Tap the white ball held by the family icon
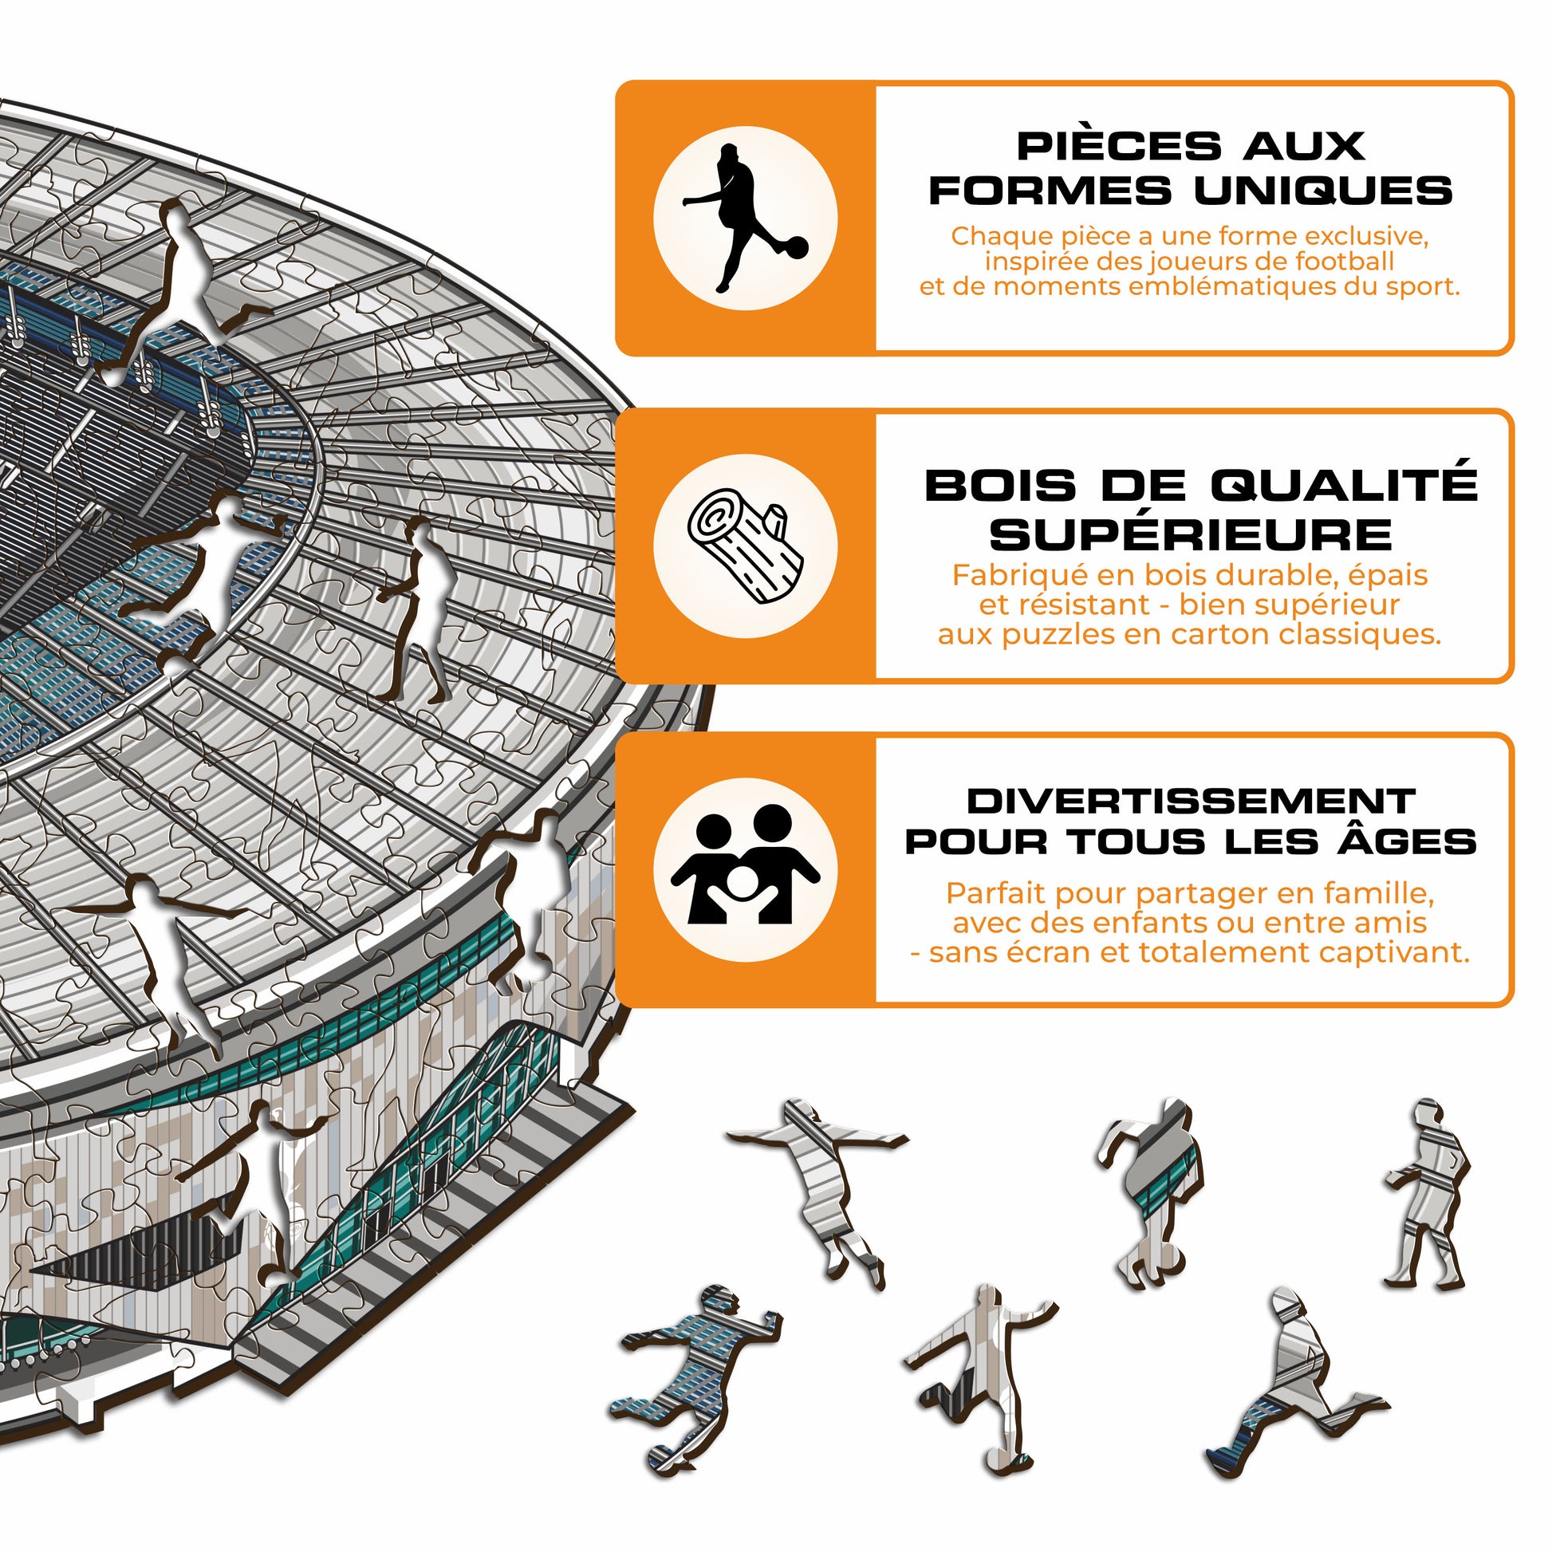point(741,884)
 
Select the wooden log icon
point(745,547)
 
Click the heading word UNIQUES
point(1322,191)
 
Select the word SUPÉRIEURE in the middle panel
point(1191,535)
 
